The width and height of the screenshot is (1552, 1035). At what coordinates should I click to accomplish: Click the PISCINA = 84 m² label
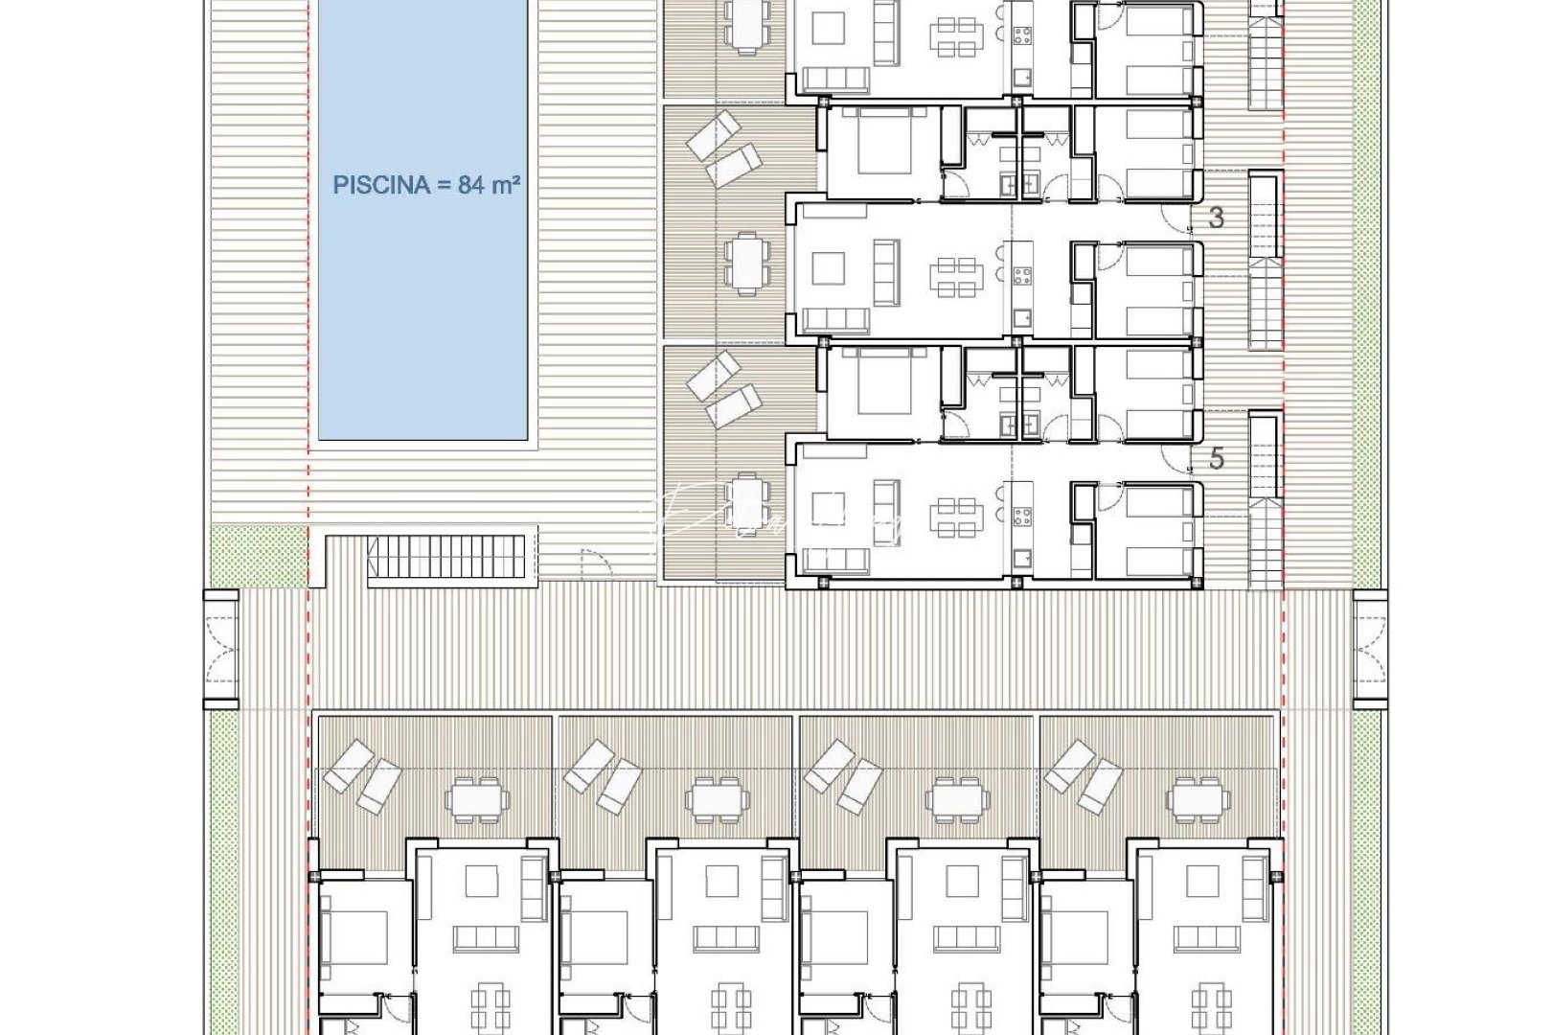(x=426, y=185)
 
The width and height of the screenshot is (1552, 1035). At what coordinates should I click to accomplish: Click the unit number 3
(x=1216, y=218)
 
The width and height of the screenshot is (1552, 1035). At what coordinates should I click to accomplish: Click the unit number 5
(x=1216, y=459)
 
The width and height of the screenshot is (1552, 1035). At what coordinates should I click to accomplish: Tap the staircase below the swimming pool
(x=448, y=557)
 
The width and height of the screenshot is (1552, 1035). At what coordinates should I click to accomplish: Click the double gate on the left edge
(x=221, y=649)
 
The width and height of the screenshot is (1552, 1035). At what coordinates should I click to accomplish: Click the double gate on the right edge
(x=1371, y=649)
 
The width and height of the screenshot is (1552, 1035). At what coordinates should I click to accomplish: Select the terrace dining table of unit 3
(x=745, y=262)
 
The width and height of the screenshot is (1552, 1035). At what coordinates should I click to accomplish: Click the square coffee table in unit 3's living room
(x=828, y=268)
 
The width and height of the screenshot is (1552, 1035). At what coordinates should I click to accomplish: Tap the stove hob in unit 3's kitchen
(x=1021, y=276)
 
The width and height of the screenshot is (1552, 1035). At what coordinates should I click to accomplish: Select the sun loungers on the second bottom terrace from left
(x=603, y=777)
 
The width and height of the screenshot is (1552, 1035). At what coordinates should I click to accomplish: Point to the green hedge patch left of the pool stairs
(x=258, y=556)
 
